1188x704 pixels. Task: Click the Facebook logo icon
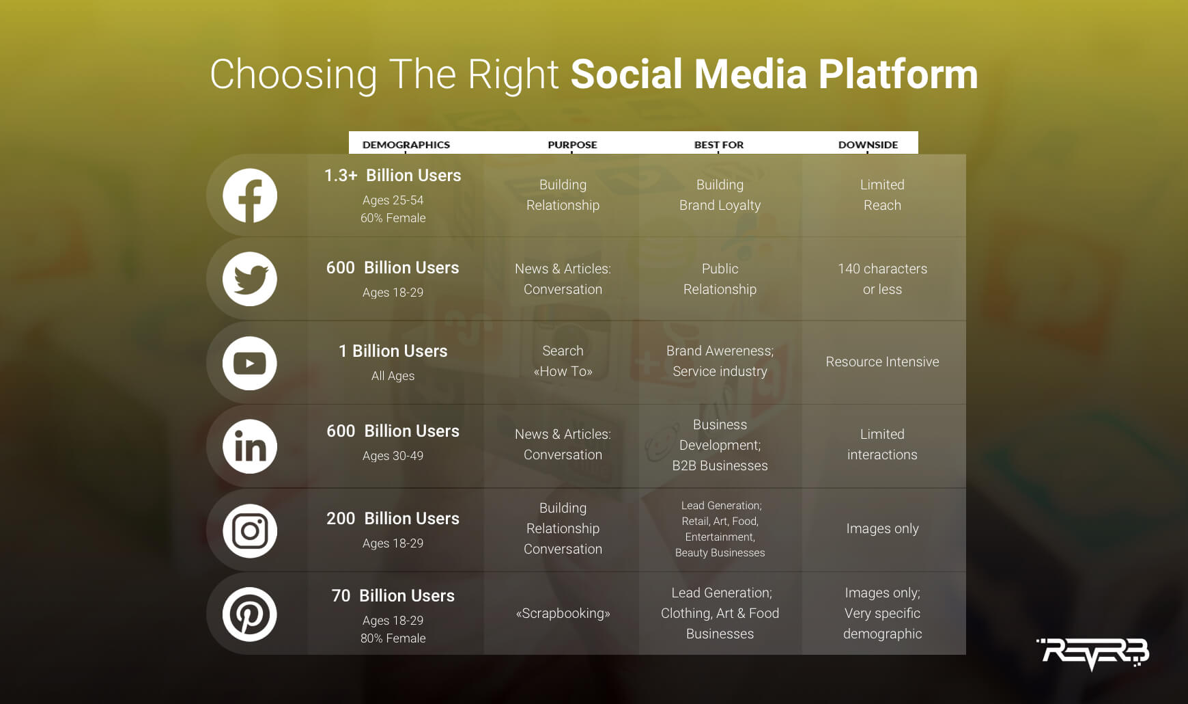250,195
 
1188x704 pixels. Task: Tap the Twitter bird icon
250,279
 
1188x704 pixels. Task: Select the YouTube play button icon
250,363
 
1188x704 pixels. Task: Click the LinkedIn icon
250,446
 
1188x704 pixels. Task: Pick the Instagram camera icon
250,530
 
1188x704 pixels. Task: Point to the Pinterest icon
250,614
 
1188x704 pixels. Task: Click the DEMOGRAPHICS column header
406,145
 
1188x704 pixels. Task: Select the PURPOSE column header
572,145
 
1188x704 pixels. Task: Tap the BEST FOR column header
719,145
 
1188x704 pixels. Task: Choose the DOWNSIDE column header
868,145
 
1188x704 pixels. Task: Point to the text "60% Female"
393,218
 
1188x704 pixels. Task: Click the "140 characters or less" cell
882,279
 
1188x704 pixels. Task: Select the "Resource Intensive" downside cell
882,362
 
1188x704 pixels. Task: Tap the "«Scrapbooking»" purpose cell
563,613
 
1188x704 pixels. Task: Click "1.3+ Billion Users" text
393,176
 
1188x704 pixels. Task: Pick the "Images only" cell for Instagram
882,528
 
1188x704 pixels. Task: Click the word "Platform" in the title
899,74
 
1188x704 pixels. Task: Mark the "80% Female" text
393,638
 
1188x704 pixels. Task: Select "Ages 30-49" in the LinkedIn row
393,456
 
